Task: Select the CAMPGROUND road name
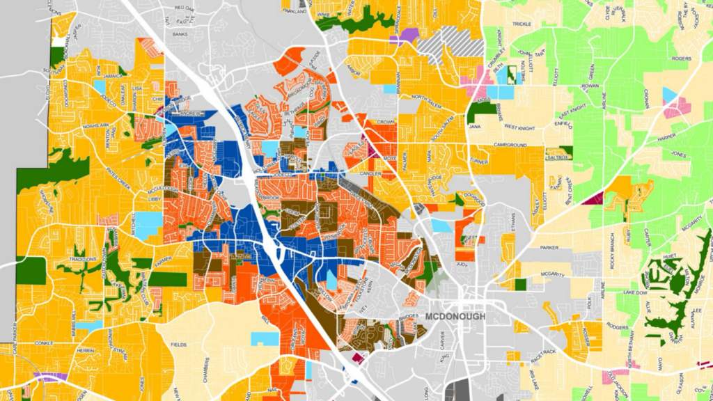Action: pos(510,145)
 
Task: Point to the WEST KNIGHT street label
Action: pos(519,127)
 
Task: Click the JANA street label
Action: pos(476,127)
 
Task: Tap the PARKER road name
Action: pos(549,247)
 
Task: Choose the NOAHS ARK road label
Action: pos(95,125)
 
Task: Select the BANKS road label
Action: pos(180,33)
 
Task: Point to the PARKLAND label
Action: pos(295,12)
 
